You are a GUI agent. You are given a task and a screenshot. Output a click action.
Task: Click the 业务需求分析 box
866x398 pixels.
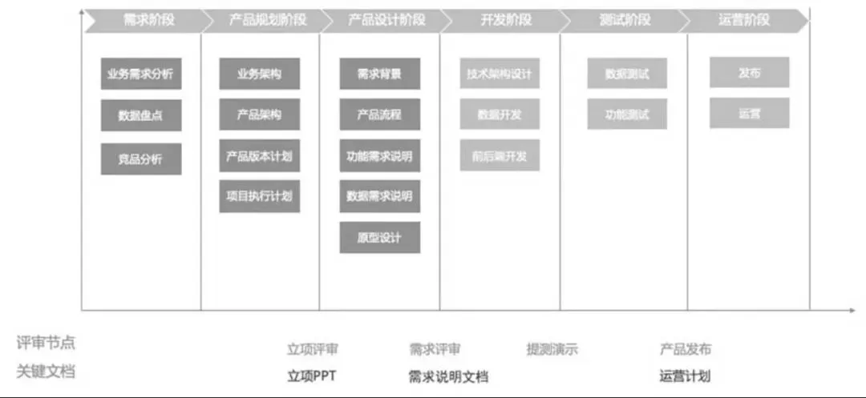tap(140, 74)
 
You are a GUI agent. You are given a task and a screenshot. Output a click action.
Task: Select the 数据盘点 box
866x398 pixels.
tap(140, 115)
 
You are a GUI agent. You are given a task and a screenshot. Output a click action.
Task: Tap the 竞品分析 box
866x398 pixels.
tap(140, 159)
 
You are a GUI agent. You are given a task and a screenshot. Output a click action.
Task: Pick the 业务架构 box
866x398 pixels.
tap(259, 74)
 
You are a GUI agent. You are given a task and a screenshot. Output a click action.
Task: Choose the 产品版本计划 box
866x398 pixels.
tap(259, 156)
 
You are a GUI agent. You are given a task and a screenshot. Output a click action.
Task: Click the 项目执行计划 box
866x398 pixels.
tap(259, 196)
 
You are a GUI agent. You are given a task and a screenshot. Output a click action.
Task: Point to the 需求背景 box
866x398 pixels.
tap(379, 74)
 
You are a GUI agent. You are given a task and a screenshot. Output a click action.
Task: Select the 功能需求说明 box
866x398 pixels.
tap(379, 156)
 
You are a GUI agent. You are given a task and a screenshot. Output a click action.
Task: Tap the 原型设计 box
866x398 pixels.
tap(379, 237)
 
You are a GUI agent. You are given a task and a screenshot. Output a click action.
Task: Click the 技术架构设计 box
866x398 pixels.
tap(499, 74)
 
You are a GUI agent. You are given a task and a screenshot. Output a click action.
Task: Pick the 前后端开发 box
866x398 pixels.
tap(499, 156)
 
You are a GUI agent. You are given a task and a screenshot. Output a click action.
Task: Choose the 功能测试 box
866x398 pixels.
tap(627, 115)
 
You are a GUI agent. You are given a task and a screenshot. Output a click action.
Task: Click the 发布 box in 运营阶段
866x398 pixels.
tap(749, 73)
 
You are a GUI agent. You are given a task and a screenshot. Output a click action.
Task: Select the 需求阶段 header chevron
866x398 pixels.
tap(143, 20)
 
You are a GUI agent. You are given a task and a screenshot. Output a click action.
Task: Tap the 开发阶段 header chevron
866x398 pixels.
tap(500, 20)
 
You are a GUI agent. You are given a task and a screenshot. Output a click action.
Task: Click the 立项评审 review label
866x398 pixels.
tap(313, 349)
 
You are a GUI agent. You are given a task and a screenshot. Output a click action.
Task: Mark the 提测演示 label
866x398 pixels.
tap(552, 349)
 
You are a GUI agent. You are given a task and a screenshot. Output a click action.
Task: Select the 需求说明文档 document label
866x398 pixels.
tap(448, 376)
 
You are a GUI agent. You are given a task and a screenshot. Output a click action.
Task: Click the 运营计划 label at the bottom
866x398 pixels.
tap(685, 376)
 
